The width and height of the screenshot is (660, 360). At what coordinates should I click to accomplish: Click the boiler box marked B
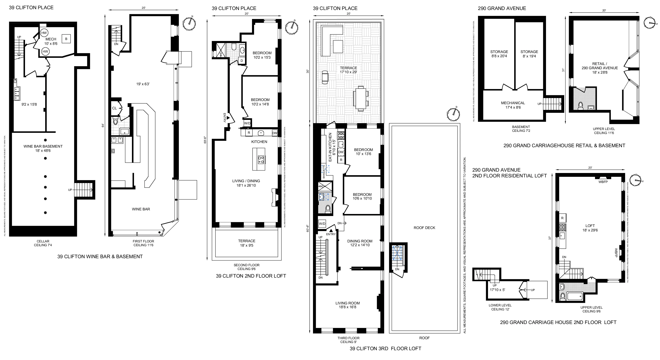coord(66,39)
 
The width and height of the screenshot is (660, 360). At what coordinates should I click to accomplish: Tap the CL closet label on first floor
coord(114,108)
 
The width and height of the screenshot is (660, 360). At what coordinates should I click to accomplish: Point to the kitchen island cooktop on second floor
coord(261,160)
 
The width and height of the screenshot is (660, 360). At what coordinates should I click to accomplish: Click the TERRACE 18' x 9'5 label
coord(246,243)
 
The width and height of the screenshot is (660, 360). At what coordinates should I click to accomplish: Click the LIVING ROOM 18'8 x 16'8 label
coord(348,305)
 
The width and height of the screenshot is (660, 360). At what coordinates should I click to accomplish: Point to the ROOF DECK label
coord(424,228)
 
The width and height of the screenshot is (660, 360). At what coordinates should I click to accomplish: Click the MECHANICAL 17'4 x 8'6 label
coord(513,105)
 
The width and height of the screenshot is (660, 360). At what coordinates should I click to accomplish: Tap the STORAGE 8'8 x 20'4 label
coord(499,54)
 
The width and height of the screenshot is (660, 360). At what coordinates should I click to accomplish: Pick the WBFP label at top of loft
coord(603,182)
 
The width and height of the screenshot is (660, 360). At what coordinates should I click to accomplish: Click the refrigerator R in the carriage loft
coord(562,218)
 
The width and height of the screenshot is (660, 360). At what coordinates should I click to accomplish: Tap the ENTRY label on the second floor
coord(225,118)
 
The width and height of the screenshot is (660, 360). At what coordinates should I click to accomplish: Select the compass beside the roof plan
coord(453,114)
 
